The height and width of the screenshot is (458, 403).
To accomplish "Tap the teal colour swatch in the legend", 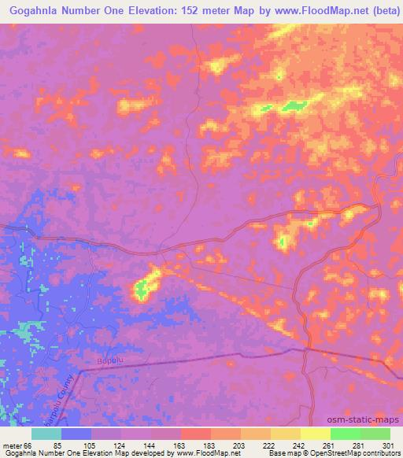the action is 46,434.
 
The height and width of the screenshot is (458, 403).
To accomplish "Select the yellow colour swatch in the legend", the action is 316,434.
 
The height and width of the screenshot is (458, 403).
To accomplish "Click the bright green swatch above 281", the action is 345,434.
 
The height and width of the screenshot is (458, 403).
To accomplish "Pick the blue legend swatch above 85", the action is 76,434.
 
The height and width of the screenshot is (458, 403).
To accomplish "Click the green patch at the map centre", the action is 142,292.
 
